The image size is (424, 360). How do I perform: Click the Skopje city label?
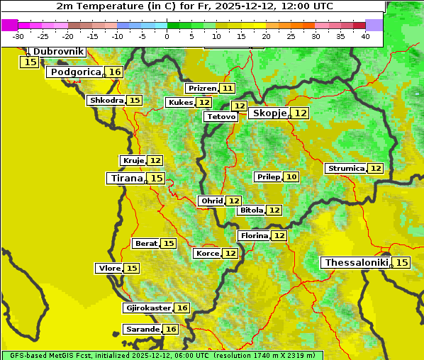(x=269, y=113)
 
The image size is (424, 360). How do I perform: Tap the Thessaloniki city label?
(x=357, y=263)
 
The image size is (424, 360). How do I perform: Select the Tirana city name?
(x=125, y=179)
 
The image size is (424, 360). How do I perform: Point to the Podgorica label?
(x=75, y=72)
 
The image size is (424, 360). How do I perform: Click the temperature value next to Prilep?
(x=291, y=176)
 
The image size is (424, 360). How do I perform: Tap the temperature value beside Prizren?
(x=227, y=89)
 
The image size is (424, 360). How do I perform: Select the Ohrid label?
(x=212, y=201)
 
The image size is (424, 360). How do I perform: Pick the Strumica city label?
(x=345, y=169)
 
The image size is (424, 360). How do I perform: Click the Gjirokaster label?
(x=147, y=308)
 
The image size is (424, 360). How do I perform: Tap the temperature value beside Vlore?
(x=132, y=269)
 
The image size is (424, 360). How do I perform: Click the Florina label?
(x=254, y=235)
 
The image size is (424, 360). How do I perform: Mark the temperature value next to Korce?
(x=230, y=254)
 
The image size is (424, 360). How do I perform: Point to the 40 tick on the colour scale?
(x=365, y=36)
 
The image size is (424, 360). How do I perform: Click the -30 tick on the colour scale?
(x=18, y=36)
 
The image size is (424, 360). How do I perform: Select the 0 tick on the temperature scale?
(x=167, y=36)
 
